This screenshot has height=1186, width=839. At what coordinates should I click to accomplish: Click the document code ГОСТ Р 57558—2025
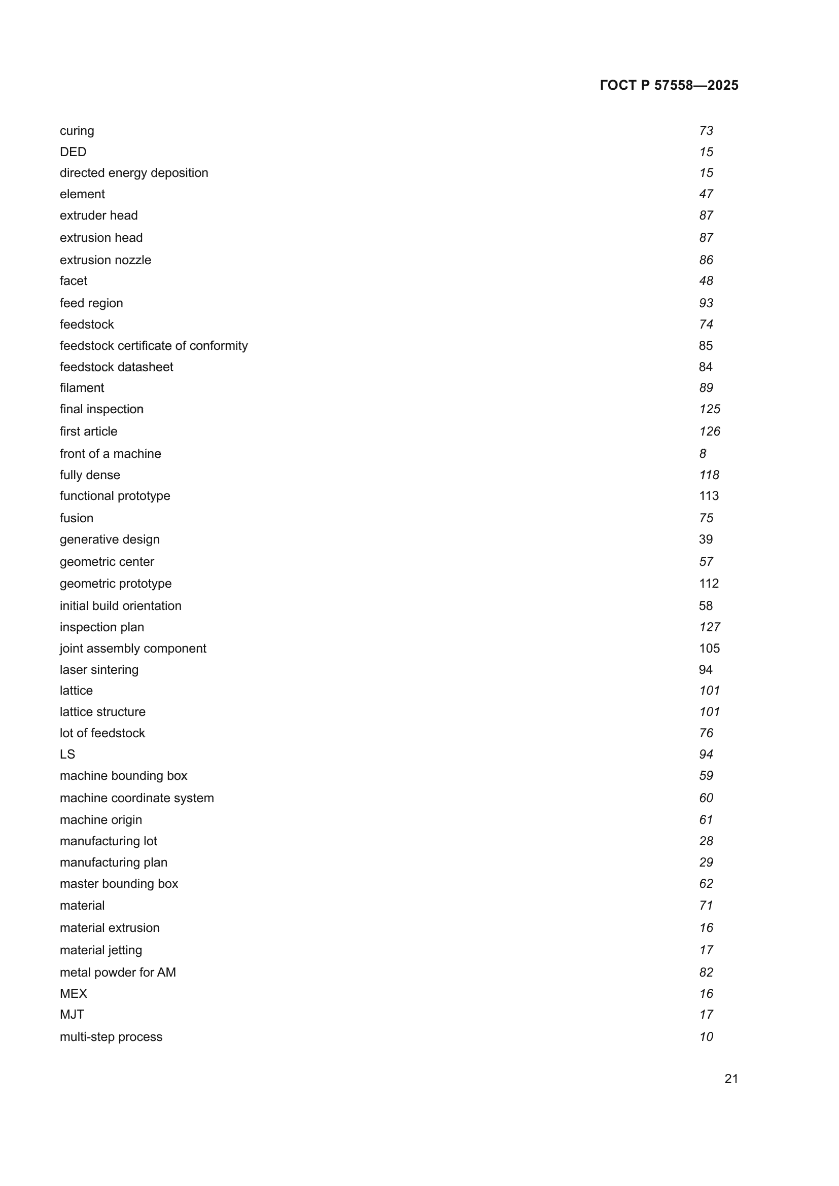669,85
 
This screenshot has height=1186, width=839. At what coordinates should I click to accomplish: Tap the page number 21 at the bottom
731,1079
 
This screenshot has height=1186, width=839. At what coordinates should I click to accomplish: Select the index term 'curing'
77,131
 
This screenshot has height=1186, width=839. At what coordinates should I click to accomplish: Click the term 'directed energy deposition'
134,173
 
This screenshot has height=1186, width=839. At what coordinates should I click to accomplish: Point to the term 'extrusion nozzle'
106,260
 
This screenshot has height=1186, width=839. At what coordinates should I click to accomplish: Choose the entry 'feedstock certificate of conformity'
153,346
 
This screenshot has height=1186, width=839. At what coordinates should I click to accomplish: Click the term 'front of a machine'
110,453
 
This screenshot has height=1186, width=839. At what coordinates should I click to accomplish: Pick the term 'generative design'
110,540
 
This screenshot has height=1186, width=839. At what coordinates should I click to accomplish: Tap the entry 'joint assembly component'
133,649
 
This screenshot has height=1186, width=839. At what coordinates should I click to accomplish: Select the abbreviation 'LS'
67,754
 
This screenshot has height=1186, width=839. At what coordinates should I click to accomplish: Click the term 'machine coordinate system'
136,798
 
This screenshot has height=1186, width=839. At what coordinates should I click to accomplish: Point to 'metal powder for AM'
118,972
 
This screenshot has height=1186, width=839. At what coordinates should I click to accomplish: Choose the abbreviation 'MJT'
72,1015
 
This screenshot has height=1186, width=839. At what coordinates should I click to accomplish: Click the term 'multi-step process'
111,1037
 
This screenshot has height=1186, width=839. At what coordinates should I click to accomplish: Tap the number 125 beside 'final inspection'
709,409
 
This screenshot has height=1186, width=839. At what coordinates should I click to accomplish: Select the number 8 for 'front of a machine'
703,453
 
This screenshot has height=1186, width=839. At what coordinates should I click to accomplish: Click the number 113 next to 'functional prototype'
708,496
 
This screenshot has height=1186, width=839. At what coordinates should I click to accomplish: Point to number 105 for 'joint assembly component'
709,649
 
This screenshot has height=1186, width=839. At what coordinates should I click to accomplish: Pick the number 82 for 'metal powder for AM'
706,972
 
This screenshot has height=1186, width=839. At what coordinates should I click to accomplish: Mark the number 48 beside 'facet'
706,281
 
